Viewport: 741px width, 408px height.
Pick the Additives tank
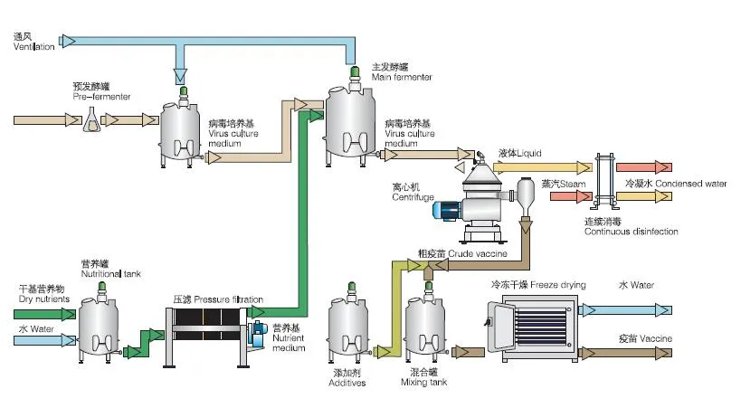click(349, 327)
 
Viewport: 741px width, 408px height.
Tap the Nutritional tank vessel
click(100, 325)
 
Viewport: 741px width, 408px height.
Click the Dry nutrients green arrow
click(45, 314)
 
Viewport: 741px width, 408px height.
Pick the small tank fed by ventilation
click(184, 129)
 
